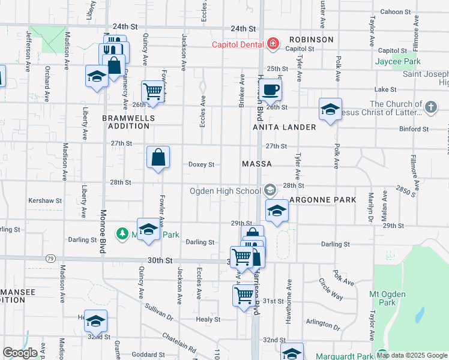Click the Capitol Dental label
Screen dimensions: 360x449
point(238,44)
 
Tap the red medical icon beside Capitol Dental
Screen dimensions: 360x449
point(273,43)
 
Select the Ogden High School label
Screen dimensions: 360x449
point(225,191)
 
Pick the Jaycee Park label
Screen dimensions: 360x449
point(397,61)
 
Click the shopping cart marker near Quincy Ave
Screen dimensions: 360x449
point(153,92)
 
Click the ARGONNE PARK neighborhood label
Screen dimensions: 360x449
point(322,199)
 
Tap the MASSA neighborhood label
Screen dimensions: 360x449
point(257,164)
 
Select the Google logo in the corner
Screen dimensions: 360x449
point(20,352)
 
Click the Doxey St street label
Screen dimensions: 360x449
point(202,164)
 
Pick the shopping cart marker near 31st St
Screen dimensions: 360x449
point(244,295)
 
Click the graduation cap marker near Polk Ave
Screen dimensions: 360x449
point(330,109)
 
